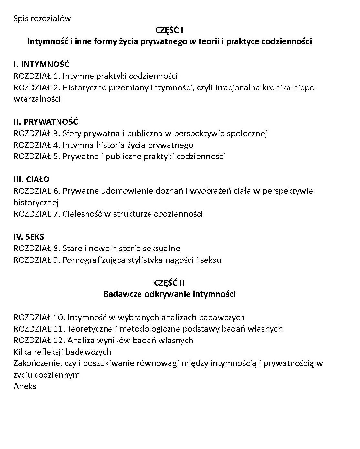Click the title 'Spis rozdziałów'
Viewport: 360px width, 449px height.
42,19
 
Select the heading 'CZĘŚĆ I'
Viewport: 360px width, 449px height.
169,30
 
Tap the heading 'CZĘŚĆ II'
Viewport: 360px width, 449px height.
169,283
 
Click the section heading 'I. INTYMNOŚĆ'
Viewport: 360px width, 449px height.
41,65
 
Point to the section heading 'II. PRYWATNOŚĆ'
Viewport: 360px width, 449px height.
46,122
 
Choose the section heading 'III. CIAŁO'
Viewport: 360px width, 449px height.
31,179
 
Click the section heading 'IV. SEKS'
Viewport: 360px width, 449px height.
29,237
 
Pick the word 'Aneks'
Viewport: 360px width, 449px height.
25,386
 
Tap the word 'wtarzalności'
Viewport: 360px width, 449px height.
37,99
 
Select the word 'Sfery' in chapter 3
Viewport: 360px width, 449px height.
72,134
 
